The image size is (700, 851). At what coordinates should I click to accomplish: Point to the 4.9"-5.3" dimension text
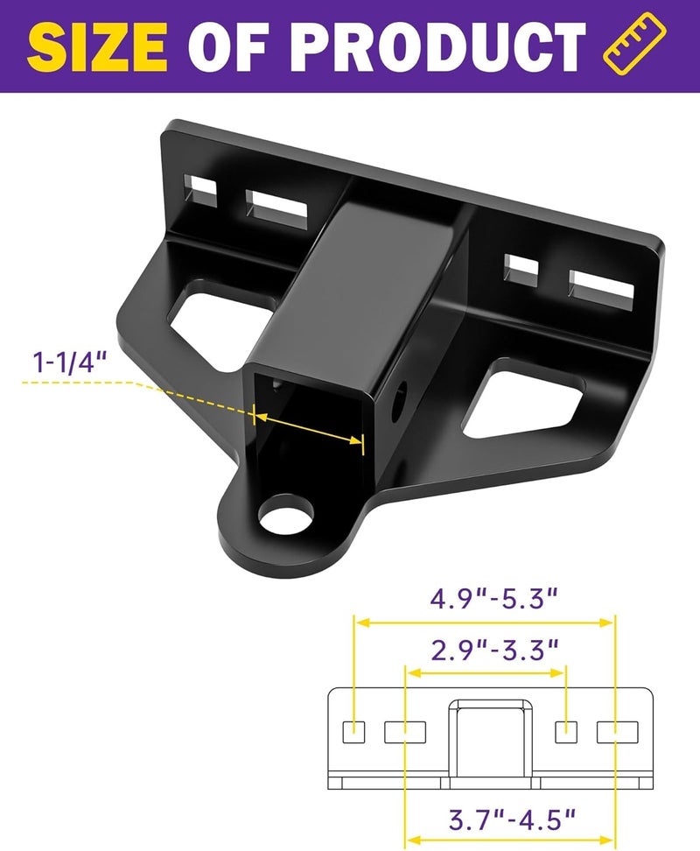[x=493, y=600]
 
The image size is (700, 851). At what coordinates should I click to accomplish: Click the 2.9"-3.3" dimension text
[x=495, y=650]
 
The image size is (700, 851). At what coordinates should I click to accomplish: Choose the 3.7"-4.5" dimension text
[x=513, y=819]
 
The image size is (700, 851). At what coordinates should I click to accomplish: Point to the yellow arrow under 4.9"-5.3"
[x=484, y=622]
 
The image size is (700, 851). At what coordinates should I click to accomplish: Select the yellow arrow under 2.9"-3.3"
[x=486, y=672]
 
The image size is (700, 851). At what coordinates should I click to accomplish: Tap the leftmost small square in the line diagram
[x=353, y=730]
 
